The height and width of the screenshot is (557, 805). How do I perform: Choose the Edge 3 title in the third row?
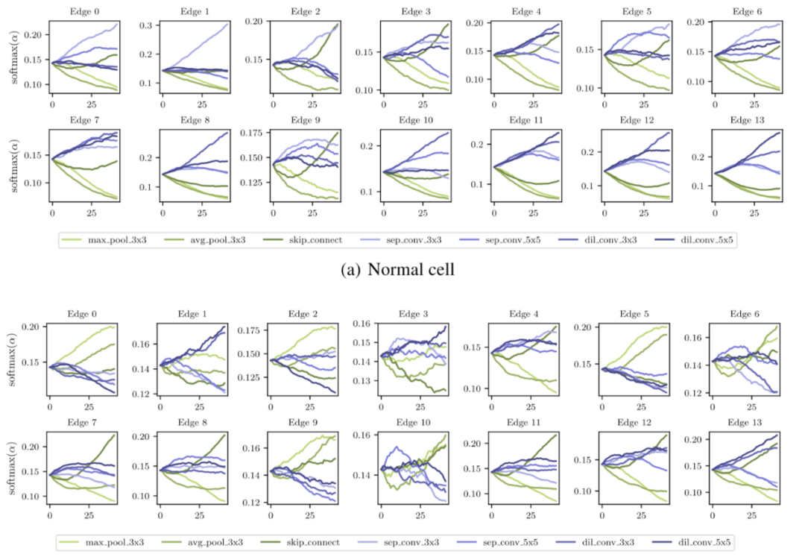click(403, 315)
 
